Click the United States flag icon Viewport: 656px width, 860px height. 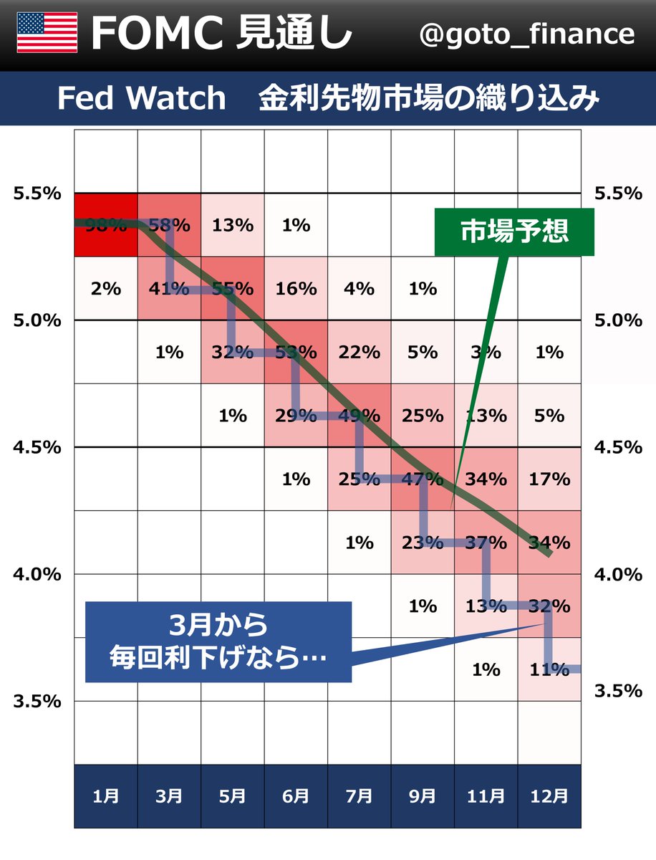click(47, 33)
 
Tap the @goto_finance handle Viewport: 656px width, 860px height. click(526, 34)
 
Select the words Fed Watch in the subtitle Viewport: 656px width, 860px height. click(141, 99)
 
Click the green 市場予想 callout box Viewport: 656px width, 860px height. click(514, 232)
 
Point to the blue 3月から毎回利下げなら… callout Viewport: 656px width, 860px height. click(218, 641)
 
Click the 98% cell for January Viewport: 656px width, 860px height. click(106, 225)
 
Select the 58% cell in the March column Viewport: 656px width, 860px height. click(170, 225)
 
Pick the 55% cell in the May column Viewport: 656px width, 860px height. click(233, 289)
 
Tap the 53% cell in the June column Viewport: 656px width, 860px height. click(296, 352)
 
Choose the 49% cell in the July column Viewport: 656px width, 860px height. click(360, 416)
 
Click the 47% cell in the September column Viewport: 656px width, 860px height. click(423, 479)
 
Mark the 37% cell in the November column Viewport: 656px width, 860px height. click(486, 543)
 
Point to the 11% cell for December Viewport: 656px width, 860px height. click(549, 669)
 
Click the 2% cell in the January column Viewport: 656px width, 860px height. click(106, 289)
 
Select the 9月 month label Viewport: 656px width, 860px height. click(423, 795)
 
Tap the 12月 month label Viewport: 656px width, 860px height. click(549, 795)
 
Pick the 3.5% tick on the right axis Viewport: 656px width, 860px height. click(619, 690)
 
